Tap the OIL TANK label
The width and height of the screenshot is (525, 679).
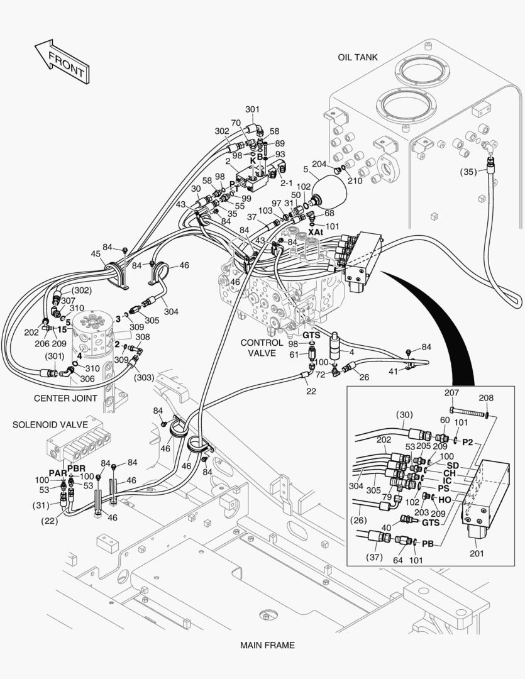point(357,57)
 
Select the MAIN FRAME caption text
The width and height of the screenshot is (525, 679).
point(267,645)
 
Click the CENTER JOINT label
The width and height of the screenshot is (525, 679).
point(65,398)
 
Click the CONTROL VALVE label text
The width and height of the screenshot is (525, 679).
point(258,348)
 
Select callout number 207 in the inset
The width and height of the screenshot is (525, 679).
point(452,393)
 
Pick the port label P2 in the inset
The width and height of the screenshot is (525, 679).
point(468,442)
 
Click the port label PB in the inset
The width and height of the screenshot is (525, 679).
point(428,543)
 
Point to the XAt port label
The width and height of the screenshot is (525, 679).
point(315,233)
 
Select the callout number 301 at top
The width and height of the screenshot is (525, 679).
point(252,109)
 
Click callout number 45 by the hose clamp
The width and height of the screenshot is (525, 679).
point(96,254)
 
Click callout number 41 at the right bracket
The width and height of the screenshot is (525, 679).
point(393,372)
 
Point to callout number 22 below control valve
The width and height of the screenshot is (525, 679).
point(311,392)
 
